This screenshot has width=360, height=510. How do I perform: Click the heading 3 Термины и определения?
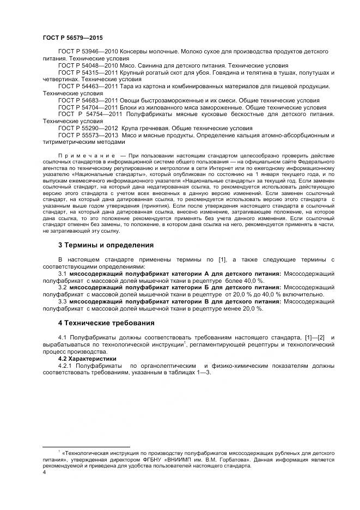click(106, 245)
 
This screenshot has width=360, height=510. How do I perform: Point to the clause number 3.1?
click(62, 273)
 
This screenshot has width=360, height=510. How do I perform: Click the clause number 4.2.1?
click(65, 366)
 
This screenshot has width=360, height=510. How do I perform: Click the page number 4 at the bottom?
click(44, 472)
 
